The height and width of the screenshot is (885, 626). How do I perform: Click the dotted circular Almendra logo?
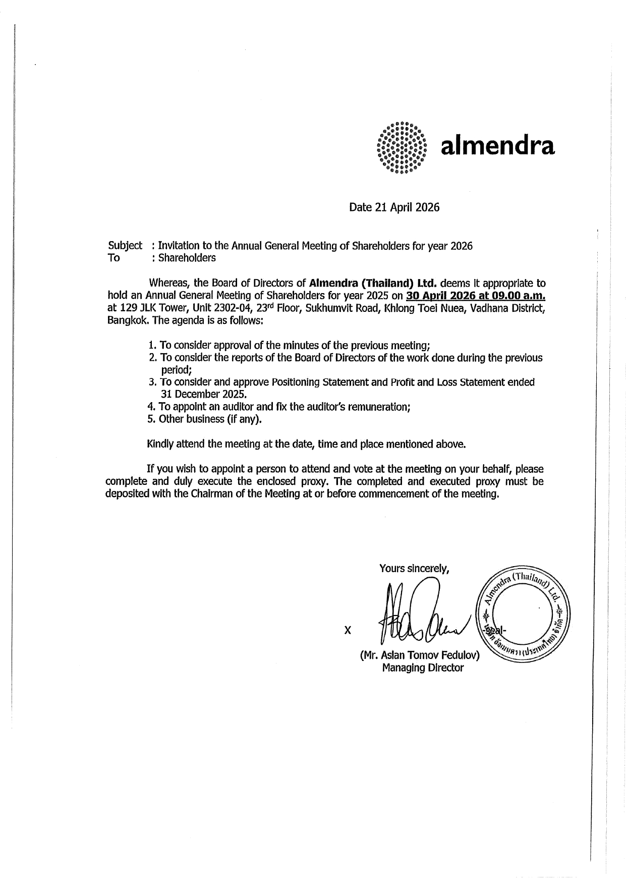tap(402, 147)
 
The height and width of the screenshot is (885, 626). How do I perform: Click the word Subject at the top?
tap(125, 246)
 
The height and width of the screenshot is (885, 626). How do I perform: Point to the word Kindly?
tap(160, 444)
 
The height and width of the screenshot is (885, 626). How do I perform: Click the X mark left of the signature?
tap(347, 630)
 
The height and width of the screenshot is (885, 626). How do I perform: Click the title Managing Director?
tap(423, 668)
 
